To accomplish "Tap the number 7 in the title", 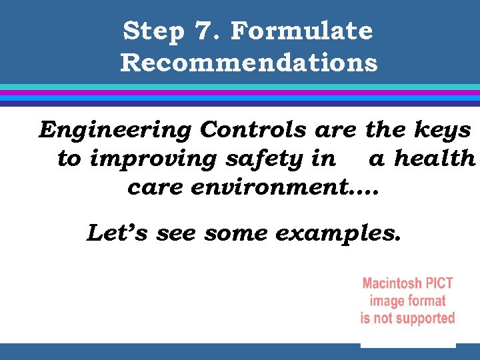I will point(201,31).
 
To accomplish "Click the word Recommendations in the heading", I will point(249,63).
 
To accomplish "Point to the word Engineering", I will point(116,130).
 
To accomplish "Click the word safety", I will point(270,159).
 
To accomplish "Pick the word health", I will point(434,159).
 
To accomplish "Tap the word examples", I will point(339,235).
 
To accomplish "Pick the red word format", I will point(427,301).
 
